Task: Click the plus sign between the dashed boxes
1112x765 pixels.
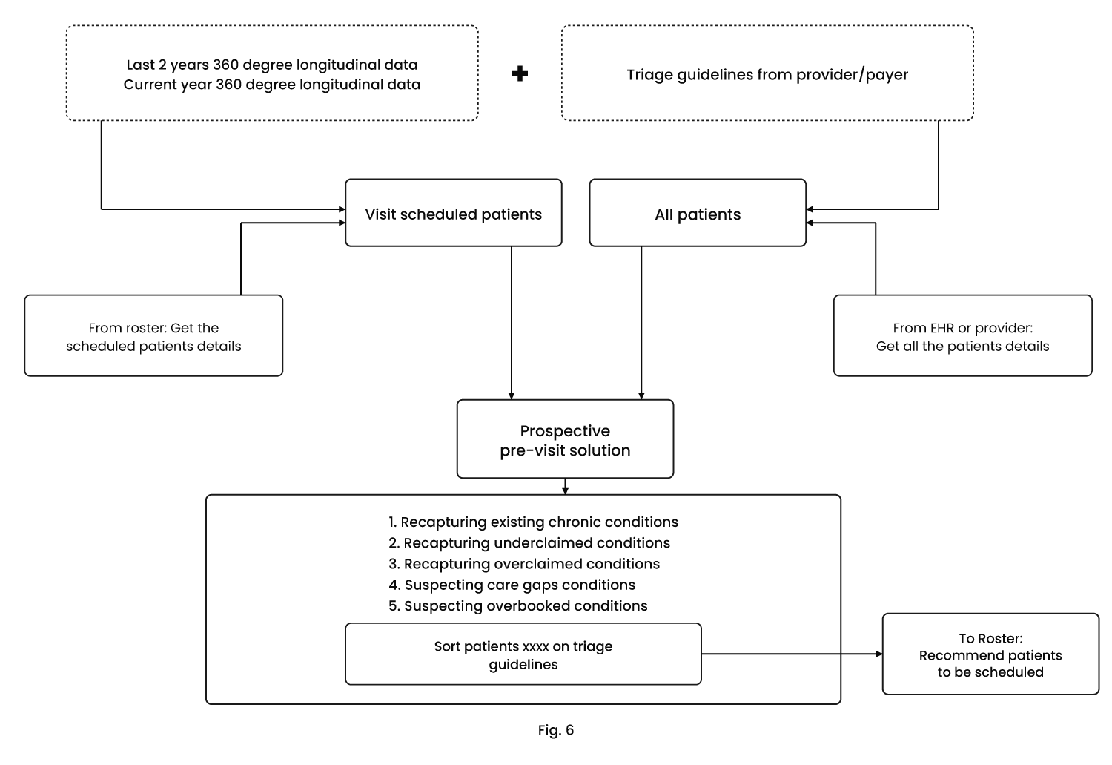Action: pos(520,74)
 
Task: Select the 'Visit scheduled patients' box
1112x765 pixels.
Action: pos(453,213)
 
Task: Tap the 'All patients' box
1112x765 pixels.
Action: pos(698,213)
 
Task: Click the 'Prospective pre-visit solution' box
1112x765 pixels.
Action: pos(565,439)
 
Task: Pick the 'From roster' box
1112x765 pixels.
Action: pos(153,336)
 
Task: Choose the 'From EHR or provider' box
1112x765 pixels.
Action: pos(962,336)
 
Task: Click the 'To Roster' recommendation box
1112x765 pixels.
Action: pos(990,654)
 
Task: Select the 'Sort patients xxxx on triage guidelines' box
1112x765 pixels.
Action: pos(523,654)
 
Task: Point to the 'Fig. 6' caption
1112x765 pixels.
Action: pos(556,730)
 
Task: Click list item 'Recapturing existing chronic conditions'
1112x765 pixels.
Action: pos(533,522)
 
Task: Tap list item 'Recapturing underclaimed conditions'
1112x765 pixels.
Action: pos(529,543)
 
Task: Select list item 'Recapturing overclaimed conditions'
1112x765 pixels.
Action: pos(524,564)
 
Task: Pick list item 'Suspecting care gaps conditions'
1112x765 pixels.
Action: pos(512,585)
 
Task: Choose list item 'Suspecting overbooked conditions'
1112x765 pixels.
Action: pos(517,606)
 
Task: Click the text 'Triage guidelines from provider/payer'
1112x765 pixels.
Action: pos(767,75)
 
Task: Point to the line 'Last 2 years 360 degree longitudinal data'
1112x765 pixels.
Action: pos(272,65)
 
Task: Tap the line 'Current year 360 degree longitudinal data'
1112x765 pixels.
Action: pos(272,85)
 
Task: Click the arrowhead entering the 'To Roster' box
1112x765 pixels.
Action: pos(879,654)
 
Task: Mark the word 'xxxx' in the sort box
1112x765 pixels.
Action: pos(536,647)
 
